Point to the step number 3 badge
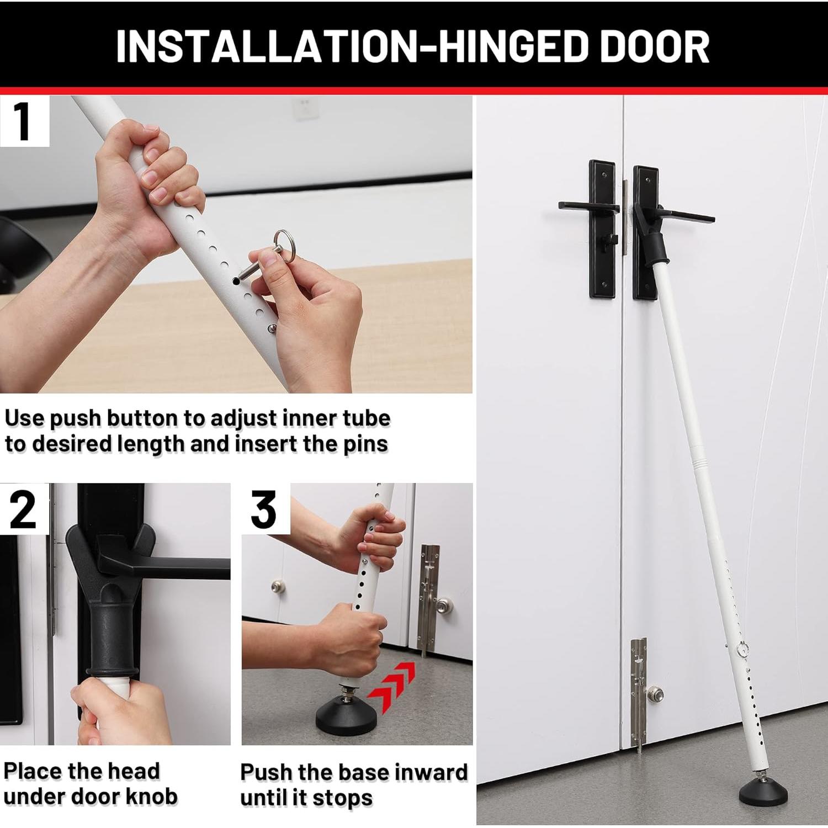tap(264, 509)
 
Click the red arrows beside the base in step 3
tap(393, 686)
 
